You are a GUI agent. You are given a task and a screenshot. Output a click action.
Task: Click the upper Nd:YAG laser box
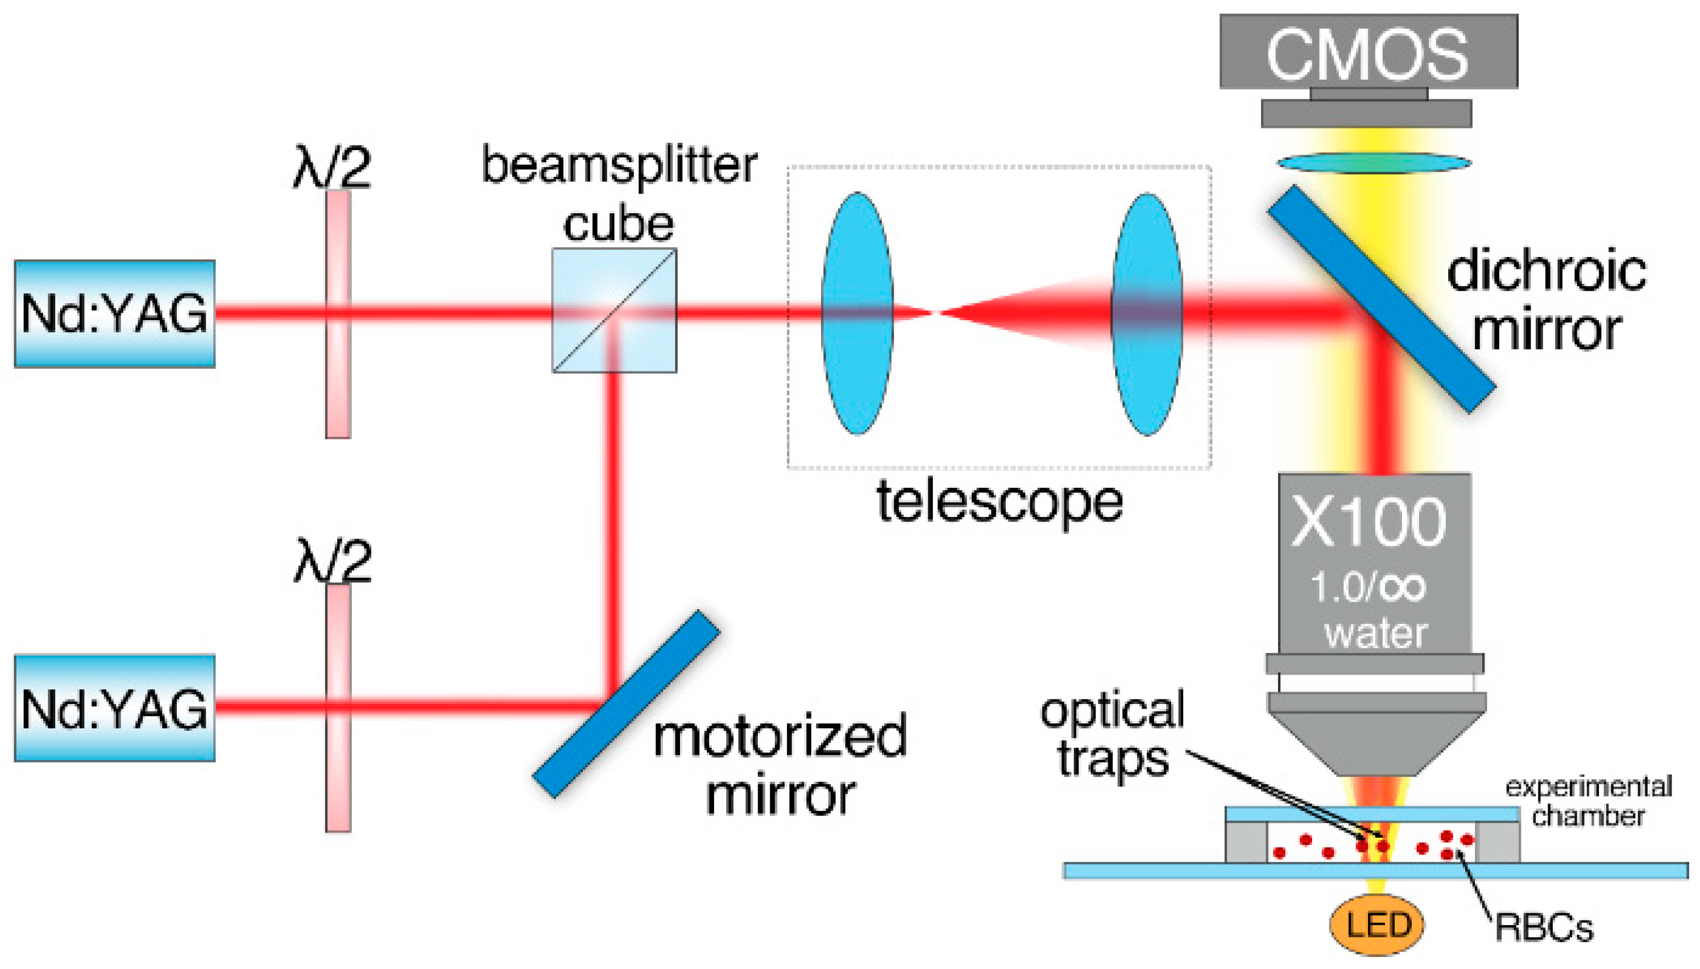click(x=114, y=313)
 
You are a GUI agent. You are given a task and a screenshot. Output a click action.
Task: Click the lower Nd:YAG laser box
click(x=114, y=708)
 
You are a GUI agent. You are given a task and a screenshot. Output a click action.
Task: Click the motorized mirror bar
click(x=626, y=703)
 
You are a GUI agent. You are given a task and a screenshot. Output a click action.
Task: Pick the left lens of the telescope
click(x=857, y=313)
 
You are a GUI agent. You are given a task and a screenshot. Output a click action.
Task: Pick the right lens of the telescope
click(x=1146, y=314)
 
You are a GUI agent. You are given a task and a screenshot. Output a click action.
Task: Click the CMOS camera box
click(x=1368, y=52)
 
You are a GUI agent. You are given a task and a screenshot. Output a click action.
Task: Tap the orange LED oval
click(x=1376, y=925)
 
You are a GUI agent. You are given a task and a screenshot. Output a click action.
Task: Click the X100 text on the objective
click(x=1368, y=523)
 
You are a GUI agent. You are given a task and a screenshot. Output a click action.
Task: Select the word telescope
click(x=1000, y=503)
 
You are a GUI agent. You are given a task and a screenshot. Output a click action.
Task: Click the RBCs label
click(x=1544, y=927)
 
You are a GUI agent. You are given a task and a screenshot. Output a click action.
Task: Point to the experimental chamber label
click(x=1589, y=801)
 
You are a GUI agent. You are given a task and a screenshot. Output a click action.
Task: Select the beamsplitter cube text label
click(x=619, y=193)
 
